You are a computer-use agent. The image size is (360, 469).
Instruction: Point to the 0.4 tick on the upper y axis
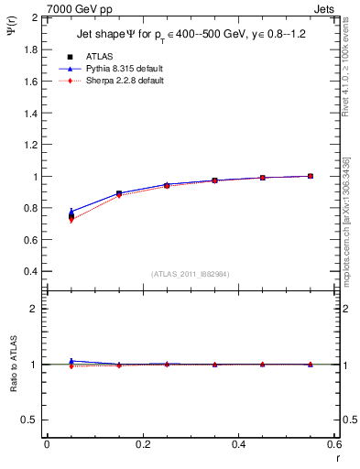(x=30, y=272)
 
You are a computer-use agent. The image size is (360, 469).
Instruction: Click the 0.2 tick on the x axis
(x=143, y=444)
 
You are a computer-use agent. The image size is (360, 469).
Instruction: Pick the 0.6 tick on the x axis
(x=334, y=444)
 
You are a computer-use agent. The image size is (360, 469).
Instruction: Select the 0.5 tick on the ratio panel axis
(x=30, y=420)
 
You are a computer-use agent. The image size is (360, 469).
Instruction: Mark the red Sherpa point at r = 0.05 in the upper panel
(x=71, y=220)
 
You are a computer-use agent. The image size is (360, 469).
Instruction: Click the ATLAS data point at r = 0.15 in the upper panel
(x=119, y=193)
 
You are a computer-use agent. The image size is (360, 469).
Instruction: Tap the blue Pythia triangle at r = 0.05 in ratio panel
(x=71, y=361)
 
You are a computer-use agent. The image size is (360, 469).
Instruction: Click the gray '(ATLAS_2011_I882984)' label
(x=191, y=274)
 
